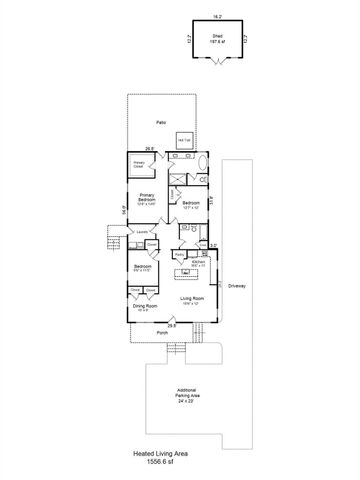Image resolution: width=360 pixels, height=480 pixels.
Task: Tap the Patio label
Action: [160, 123]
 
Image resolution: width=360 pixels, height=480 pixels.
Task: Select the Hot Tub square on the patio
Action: [184, 141]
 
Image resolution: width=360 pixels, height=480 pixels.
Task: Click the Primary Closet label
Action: [139, 164]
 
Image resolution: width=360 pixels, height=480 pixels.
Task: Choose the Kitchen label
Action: [198, 260]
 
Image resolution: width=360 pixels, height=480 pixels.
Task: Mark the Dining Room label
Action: [147, 307]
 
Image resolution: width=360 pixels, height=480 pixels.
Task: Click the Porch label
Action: [162, 333]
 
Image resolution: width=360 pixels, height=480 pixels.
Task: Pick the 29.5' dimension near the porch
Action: [171, 325]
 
